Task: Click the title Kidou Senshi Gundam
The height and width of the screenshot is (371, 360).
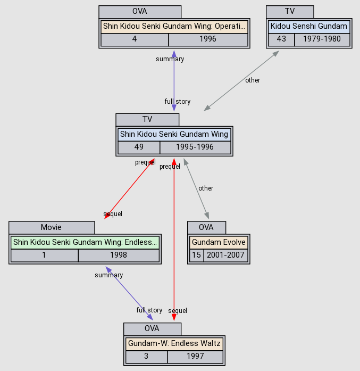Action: [309, 26]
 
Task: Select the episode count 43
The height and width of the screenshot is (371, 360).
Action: [281, 39]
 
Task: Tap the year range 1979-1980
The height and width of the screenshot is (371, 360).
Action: [322, 39]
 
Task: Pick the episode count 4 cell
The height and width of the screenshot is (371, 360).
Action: [135, 39]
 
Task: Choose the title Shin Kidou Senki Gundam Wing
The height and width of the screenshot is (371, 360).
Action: [174, 134]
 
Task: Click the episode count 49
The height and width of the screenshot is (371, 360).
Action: [139, 147]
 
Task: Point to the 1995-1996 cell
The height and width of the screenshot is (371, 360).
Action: [195, 147]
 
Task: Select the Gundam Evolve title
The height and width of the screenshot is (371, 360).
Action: [219, 242]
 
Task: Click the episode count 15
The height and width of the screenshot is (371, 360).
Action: [196, 255]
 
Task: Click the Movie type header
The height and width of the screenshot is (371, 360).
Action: [52, 227]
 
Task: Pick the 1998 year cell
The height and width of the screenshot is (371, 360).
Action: [119, 255]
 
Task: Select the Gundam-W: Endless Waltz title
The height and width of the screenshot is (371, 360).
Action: [174, 343]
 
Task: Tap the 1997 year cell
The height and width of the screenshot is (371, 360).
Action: [195, 356]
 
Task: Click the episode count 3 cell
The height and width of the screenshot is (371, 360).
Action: [146, 356]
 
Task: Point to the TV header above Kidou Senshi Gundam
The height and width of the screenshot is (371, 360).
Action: [290, 11]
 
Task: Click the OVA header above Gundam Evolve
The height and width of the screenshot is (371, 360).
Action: [206, 227]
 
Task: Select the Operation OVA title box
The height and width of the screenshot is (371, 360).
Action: [174, 26]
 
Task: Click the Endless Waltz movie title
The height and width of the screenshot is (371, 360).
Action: [85, 242]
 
